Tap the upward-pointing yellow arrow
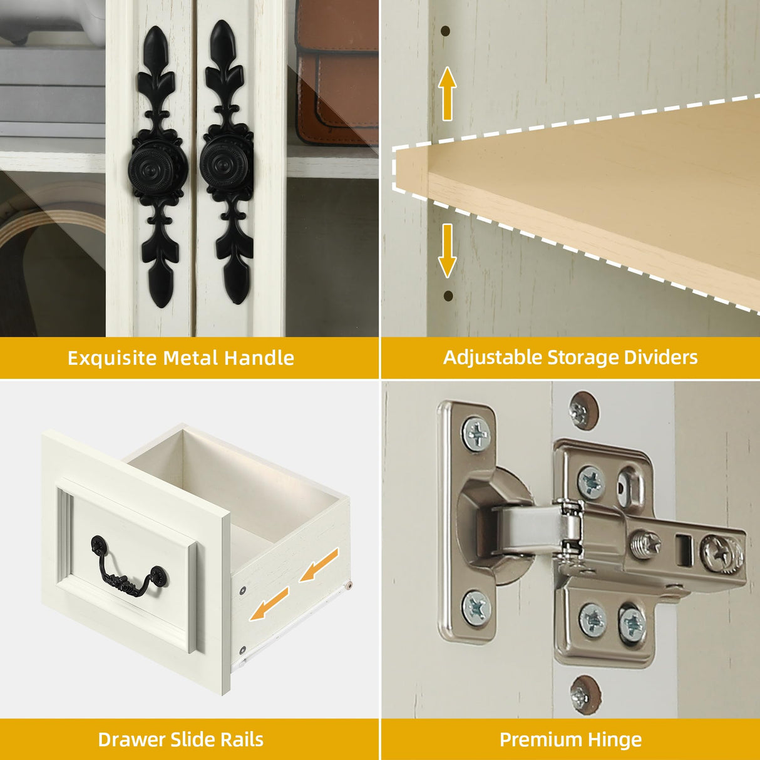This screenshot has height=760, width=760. (446, 93)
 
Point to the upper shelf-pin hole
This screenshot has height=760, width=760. (446, 31)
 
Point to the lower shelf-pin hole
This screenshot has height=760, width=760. (448, 295)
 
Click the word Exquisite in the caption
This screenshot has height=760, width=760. (112, 358)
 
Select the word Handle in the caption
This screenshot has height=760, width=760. (259, 357)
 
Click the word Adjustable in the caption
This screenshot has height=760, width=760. (492, 357)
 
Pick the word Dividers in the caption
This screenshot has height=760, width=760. (660, 357)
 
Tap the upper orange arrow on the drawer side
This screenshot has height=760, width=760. (319, 565)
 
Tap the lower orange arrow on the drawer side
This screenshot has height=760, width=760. (269, 604)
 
